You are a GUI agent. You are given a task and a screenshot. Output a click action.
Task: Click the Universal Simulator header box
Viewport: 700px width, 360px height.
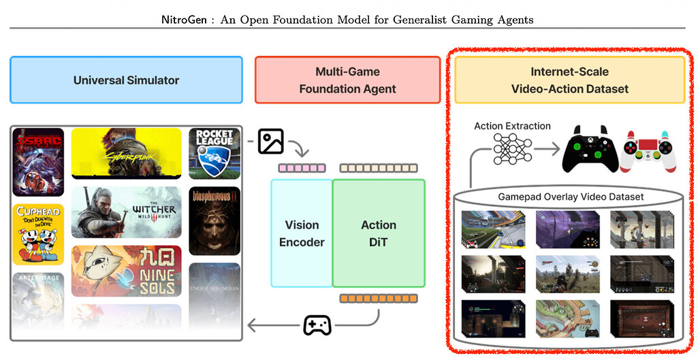[126, 80]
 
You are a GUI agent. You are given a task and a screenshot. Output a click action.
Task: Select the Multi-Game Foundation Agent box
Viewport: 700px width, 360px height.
[347, 80]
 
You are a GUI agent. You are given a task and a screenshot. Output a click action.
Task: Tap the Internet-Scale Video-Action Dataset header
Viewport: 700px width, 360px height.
[570, 80]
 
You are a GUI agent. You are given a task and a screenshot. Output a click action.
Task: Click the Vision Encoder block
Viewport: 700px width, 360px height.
[302, 233]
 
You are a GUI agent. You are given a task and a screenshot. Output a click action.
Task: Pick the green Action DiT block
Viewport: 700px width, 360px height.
[379, 233]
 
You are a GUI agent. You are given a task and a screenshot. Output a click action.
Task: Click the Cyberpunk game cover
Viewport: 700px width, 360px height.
[126, 153]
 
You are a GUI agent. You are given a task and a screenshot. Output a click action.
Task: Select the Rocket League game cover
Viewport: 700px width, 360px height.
[214, 153]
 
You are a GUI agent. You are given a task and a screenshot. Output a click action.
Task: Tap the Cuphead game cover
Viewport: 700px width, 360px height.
[39, 233]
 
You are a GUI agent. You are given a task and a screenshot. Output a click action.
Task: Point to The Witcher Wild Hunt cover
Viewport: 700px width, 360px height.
[126, 212]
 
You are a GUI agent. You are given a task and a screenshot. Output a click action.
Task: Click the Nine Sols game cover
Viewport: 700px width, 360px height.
[126, 271]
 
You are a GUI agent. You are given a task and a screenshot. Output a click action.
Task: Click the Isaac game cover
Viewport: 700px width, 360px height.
[39, 161]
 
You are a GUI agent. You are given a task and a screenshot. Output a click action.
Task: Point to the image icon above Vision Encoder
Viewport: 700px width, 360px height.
[270, 142]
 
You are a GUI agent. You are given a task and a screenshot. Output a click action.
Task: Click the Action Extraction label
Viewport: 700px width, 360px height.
[512, 126]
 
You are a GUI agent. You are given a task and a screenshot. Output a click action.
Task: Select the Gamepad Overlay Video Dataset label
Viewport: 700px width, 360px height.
[569, 197]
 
